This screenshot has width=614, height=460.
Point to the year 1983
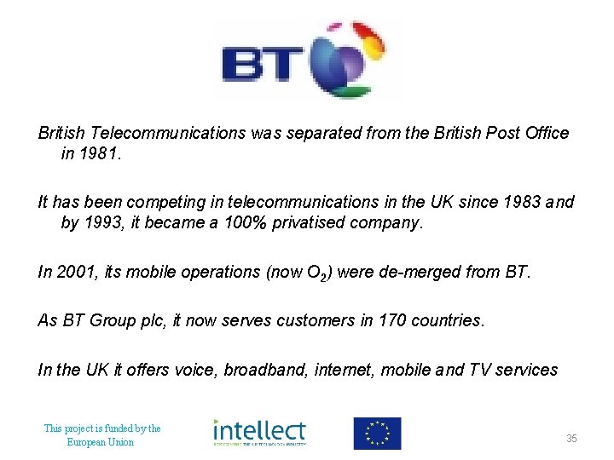coord(515,203)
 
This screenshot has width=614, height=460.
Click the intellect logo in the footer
coord(258,433)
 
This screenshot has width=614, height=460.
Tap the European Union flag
coord(377,434)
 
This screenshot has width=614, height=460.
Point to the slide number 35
coord(571,439)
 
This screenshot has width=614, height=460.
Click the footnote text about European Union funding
coord(101,435)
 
